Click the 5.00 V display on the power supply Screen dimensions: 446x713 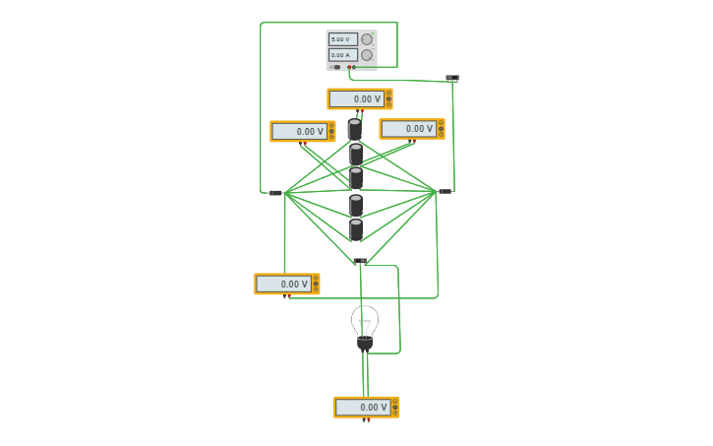point(342,39)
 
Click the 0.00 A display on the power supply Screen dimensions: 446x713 point(342,55)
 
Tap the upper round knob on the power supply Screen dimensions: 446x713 point(367,39)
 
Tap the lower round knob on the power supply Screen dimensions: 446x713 point(367,55)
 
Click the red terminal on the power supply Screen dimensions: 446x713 point(363,67)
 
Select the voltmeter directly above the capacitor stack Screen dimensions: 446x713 point(360,98)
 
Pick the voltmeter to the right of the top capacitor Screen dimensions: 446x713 point(412,128)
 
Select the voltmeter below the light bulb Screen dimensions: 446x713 point(366,407)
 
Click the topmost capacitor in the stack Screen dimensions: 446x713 point(355,129)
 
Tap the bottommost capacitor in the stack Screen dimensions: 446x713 point(356,229)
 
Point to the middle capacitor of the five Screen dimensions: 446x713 point(356,178)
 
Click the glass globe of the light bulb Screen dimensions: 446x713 point(365,320)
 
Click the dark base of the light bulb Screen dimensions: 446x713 point(365,343)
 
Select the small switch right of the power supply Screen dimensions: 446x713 point(451,78)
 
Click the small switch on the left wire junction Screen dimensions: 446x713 point(276,192)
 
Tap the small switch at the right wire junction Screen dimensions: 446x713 point(445,191)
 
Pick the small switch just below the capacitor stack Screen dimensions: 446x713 point(360,261)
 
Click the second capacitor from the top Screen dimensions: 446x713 point(356,154)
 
